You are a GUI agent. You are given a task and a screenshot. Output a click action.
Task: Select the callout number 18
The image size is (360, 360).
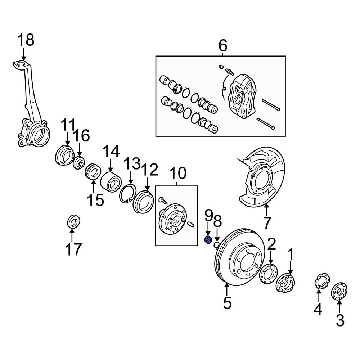(x=26, y=40)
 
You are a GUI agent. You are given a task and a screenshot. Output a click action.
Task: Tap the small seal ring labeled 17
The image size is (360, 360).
(x=74, y=221)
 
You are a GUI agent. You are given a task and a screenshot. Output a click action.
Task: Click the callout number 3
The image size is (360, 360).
(x=340, y=320)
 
